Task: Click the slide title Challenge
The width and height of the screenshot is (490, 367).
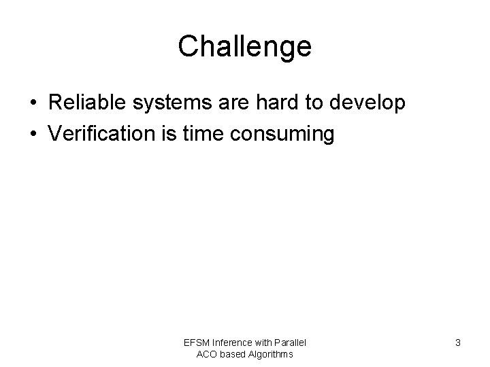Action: click(244, 46)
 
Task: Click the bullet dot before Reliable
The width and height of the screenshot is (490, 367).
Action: click(33, 104)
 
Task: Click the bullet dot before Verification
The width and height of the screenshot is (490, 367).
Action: click(33, 135)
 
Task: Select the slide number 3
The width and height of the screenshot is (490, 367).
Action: click(458, 343)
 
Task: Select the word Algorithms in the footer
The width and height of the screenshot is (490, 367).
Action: click(272, 354)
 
